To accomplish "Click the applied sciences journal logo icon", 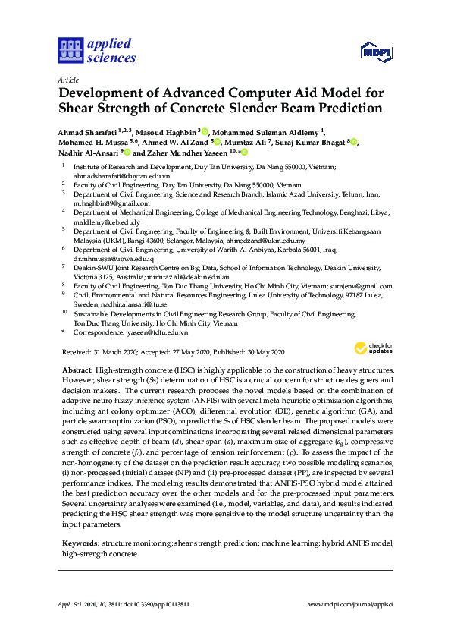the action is tap(69, 51).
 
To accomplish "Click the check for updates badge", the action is tap(374, 348).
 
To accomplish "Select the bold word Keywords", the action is tap(80, 543).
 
